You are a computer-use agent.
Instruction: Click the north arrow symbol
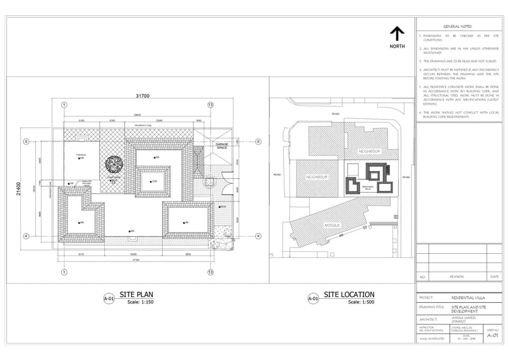(397, 34)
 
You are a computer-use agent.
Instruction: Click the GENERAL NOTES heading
(457, 27)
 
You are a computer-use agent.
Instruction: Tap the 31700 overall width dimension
(142, 96)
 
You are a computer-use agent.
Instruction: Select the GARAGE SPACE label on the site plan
(221, 146)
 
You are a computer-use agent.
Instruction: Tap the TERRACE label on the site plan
(81, 155)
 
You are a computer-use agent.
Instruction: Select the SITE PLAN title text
(137, 294)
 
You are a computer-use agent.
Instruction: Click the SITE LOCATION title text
(349, 294)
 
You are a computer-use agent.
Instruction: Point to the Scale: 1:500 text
(361, 302)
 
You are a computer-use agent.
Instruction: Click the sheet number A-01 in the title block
(492, 338)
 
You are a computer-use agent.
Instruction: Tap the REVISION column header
(457, 277)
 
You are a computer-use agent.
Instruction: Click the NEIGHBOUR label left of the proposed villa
(317, 177)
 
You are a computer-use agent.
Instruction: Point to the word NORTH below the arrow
(398, 47)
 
